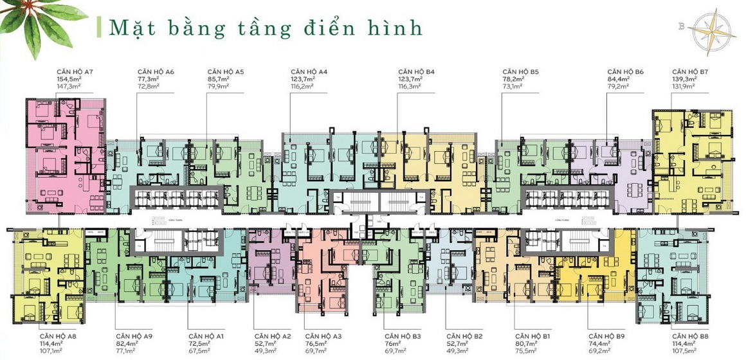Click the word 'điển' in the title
[x=322, y=28]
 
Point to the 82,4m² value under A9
[x=126, y=344]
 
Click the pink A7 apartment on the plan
[x=64, y=154]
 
